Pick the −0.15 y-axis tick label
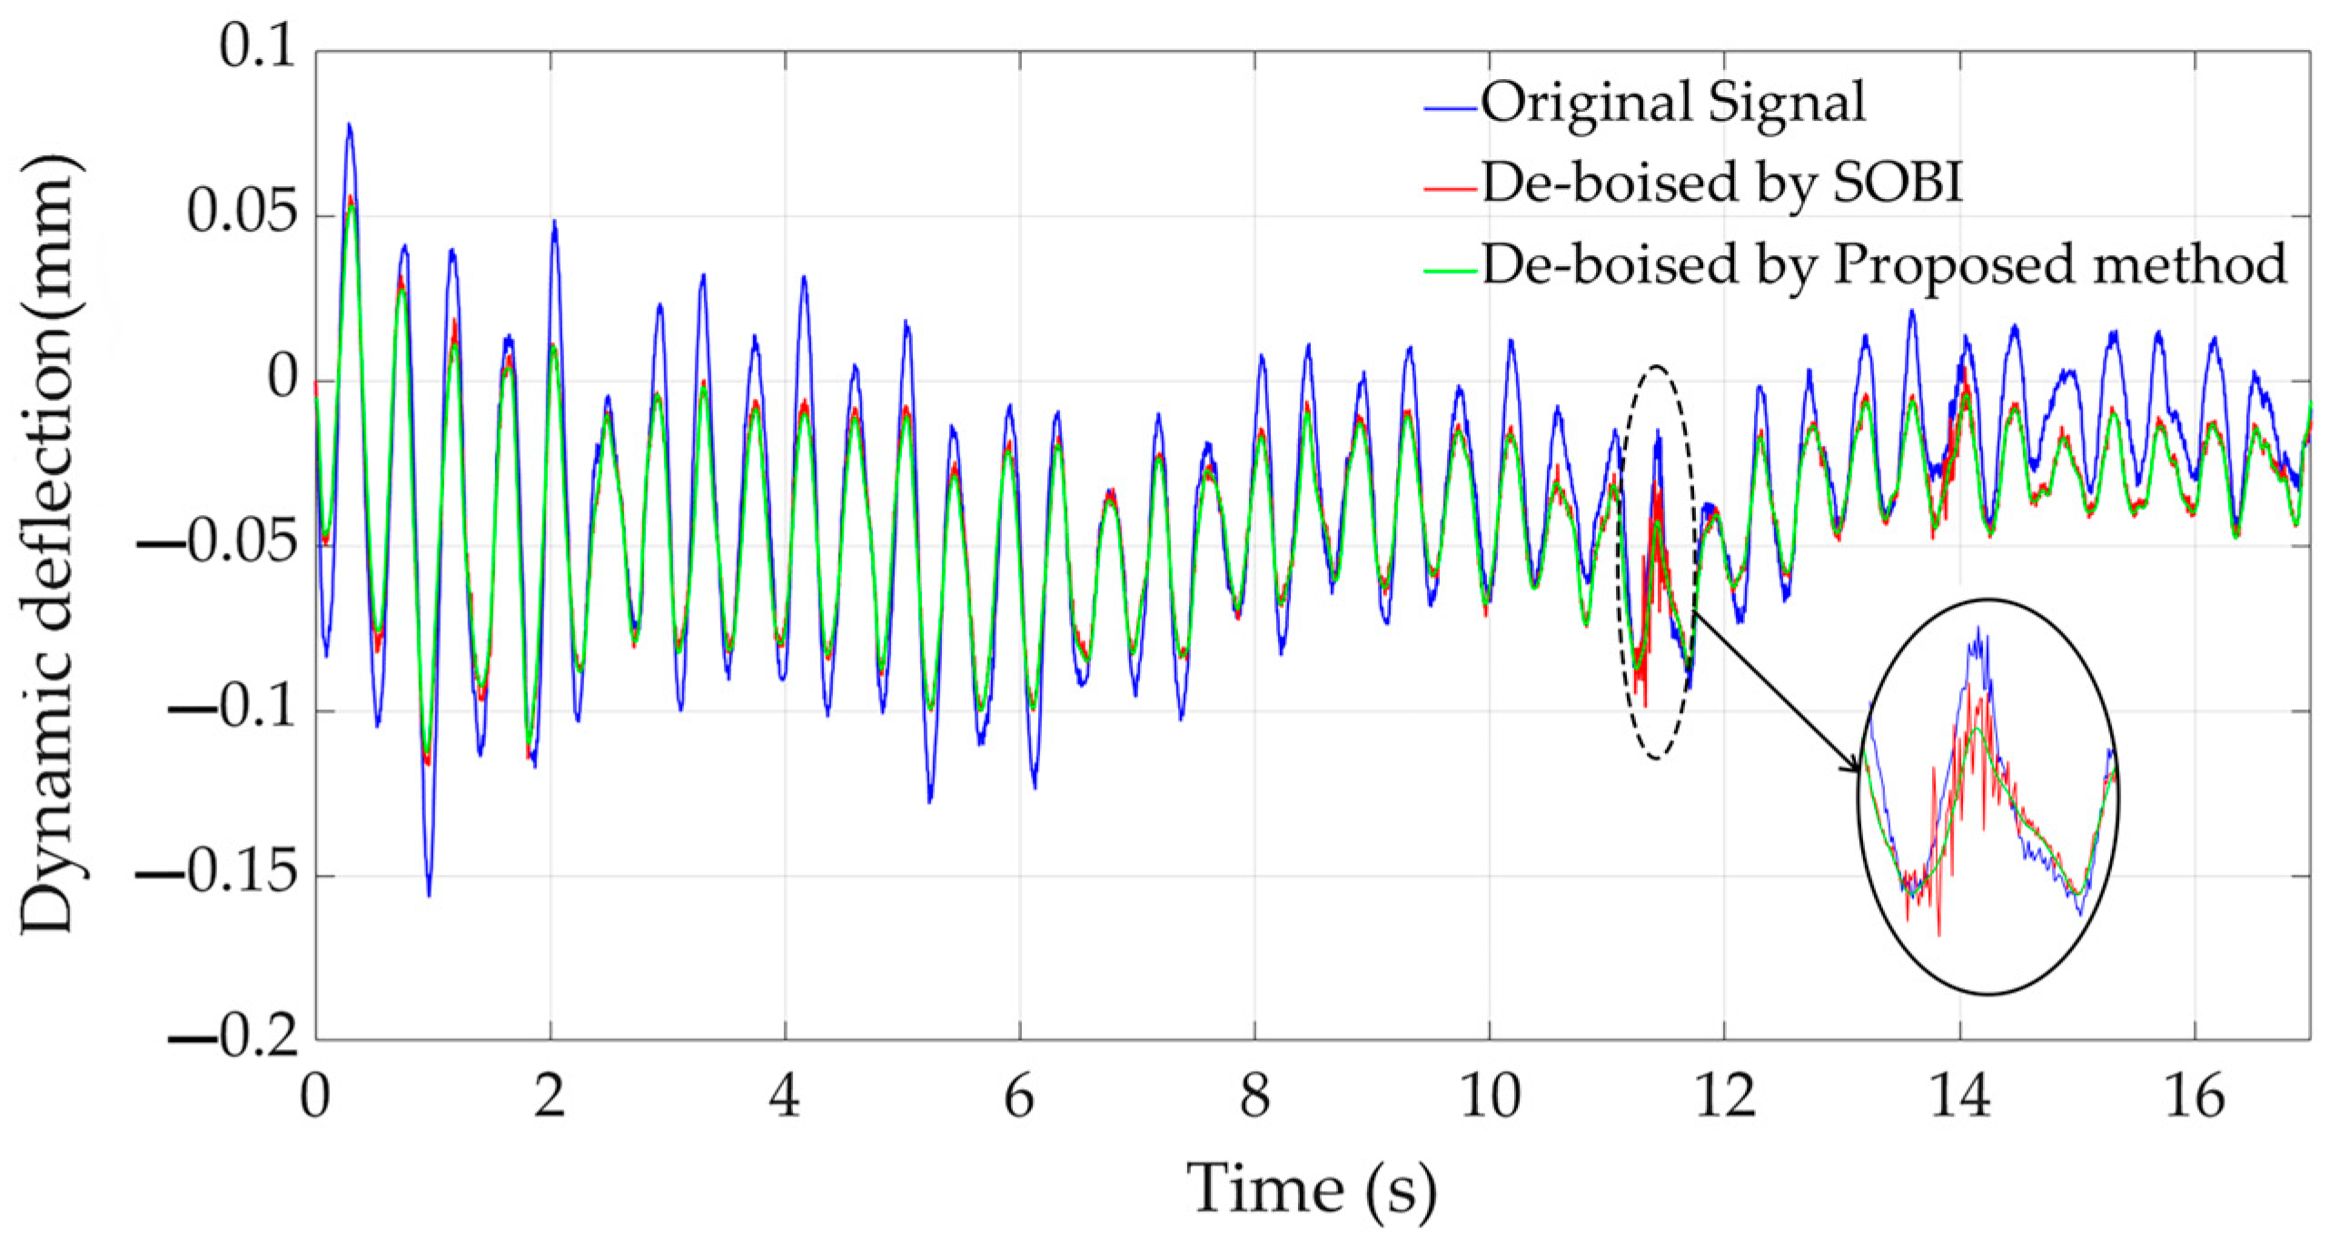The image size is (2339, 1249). click(x=218, y=873)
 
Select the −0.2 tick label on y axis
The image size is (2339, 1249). click(x=233, y=1036)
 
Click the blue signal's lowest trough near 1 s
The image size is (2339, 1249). click(x=429, y=894)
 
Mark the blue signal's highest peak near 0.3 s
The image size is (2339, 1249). click(x=348, y=125)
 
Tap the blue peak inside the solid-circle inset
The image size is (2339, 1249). click(x=1977, y=629)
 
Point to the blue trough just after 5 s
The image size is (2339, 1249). click(x=929, y=800)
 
